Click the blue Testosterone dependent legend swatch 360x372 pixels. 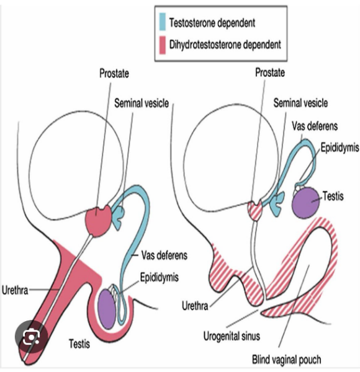[163, 22]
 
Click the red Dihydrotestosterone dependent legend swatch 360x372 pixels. [163, 45]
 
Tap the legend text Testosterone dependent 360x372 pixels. [212, 23]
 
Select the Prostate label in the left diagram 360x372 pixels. [114, 73]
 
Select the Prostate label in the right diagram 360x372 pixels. [270, 73]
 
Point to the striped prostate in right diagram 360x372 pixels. [255, 210]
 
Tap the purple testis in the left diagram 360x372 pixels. [107, 309]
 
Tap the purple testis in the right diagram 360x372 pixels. [306, 203]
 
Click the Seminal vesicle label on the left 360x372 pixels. [142, 104]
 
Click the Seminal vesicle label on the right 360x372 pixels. [300, 103]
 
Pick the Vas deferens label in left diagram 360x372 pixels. [164, 255]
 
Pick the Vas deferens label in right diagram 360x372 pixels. [315, 126]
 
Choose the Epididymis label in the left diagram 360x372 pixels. [159, 277]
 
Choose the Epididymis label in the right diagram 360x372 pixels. [340, 148]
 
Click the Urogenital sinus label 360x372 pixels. [232, 336]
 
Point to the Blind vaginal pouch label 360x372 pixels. [287, 360]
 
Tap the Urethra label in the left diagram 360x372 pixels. [15, 290]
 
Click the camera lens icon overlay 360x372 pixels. [31, 337]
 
